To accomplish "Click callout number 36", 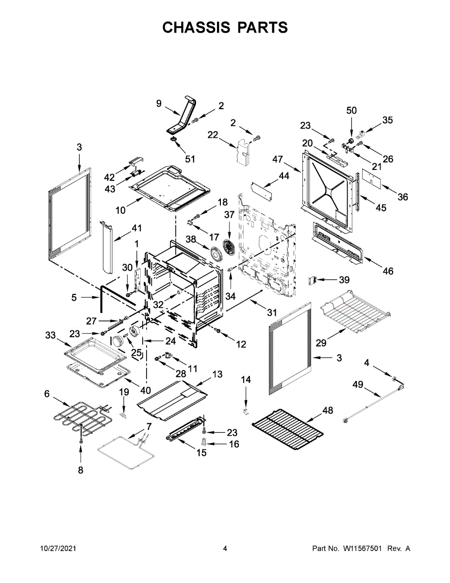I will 402,197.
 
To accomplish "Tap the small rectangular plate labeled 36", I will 372,178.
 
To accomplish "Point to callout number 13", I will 217,374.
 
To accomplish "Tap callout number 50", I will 351,110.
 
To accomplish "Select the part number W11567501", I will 364,549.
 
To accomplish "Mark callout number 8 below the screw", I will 81,470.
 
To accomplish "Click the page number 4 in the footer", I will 225,549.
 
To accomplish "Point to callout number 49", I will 358,385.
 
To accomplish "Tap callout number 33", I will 50,335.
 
